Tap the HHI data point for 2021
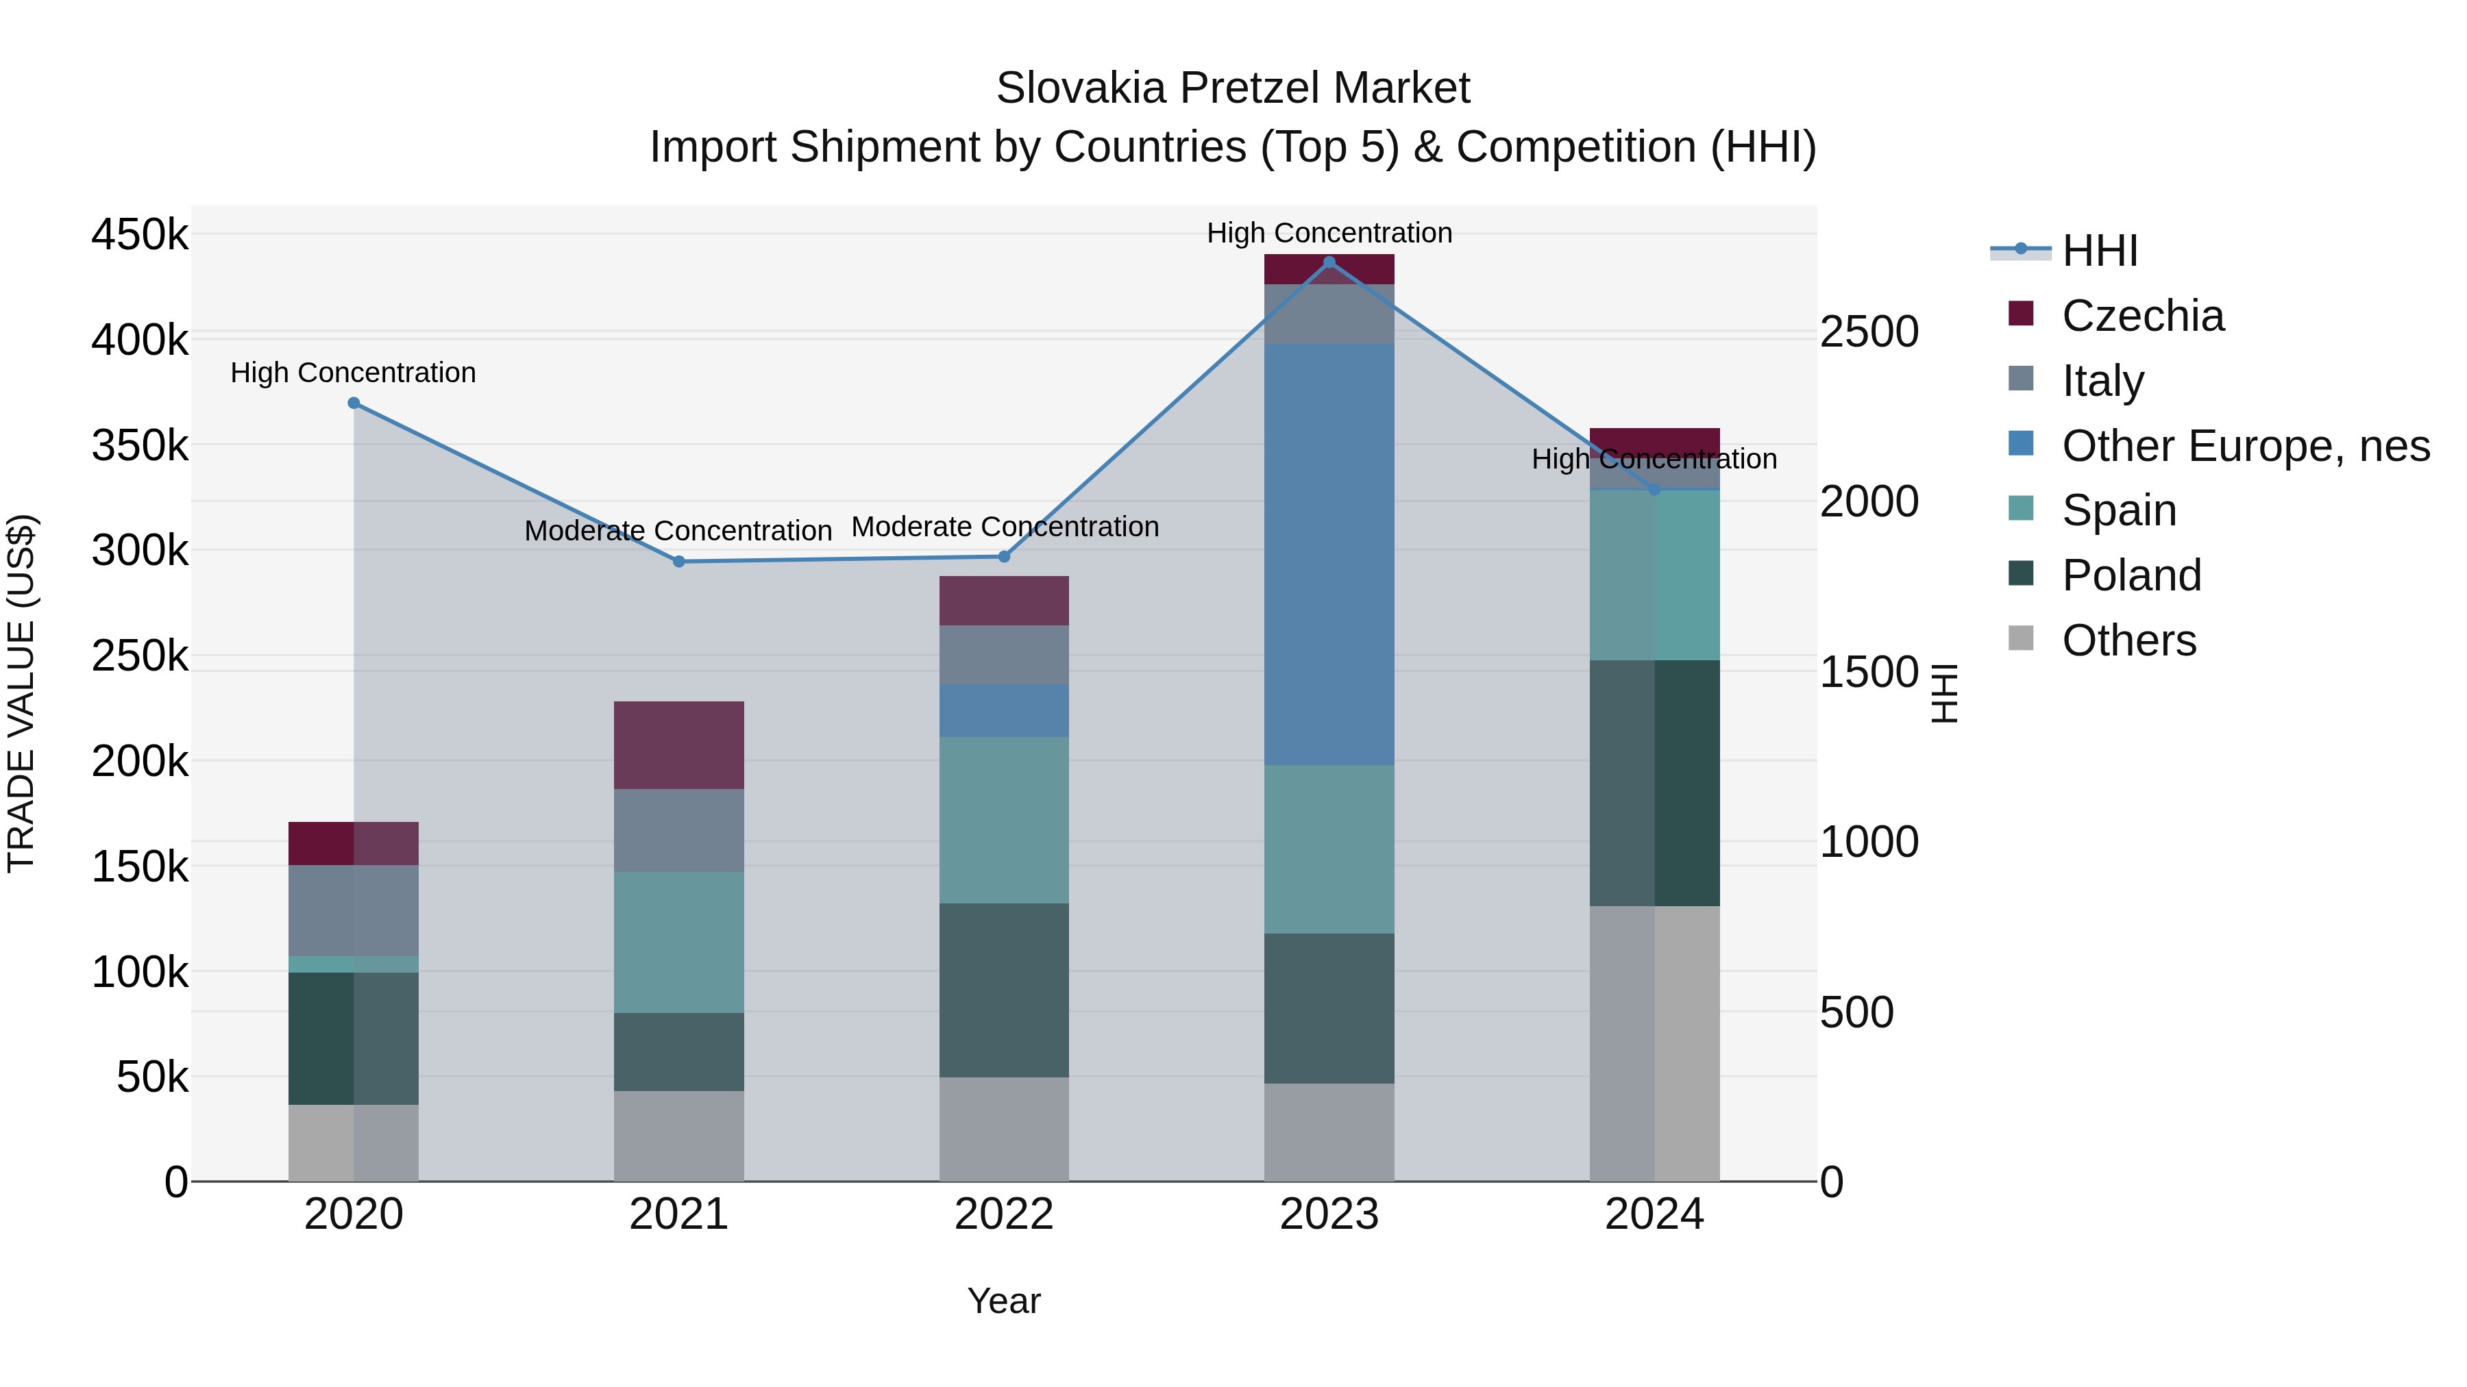pos(679,562)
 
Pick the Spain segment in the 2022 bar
pos(1004,821)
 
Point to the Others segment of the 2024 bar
pos(1654,1043)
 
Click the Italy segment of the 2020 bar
pos(354,910)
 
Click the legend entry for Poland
pos(2131,575)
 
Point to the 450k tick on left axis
pos(140,234)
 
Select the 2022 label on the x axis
pos(1004,1214)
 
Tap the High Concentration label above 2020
pos(354,373)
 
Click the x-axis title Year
pos(1004,1301)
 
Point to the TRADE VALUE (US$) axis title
pos(21,693)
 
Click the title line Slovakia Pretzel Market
pos(1233,88)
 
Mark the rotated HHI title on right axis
pos(1944,693)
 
